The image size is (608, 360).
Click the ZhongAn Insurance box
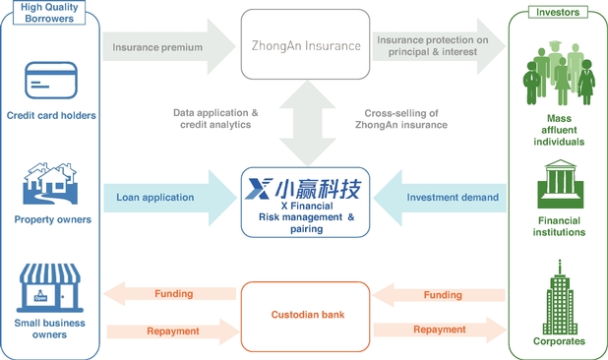[x=305, y=44]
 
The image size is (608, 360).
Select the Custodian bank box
[x=305, y=317]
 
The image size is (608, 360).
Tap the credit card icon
[x=51, y=81]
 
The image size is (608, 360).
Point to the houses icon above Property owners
[x=50, y=184]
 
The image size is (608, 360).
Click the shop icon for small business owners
[x=49, y=288]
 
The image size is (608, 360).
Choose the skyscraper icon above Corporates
[x=560, y=297]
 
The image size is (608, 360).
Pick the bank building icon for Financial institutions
[x=560, y=184]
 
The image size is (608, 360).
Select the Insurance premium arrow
[x=169, y=46]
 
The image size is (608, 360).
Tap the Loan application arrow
[x=170, y=198]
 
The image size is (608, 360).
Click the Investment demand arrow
[x=440, y=198]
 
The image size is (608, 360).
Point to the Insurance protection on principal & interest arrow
[x=439, y=46]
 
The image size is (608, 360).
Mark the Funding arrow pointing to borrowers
[x=170, y=294]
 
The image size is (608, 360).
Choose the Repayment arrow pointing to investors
[x=440, y=330]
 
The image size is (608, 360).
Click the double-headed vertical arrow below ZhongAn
[x=307, y=123]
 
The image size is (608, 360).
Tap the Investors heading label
[x=558, y=12]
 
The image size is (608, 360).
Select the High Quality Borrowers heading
[x=49, y=13]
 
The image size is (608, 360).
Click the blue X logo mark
[x=259, y=189]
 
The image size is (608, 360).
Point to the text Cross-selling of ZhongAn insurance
[x=401, y=119]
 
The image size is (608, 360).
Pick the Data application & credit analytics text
[x=215, y=119]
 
